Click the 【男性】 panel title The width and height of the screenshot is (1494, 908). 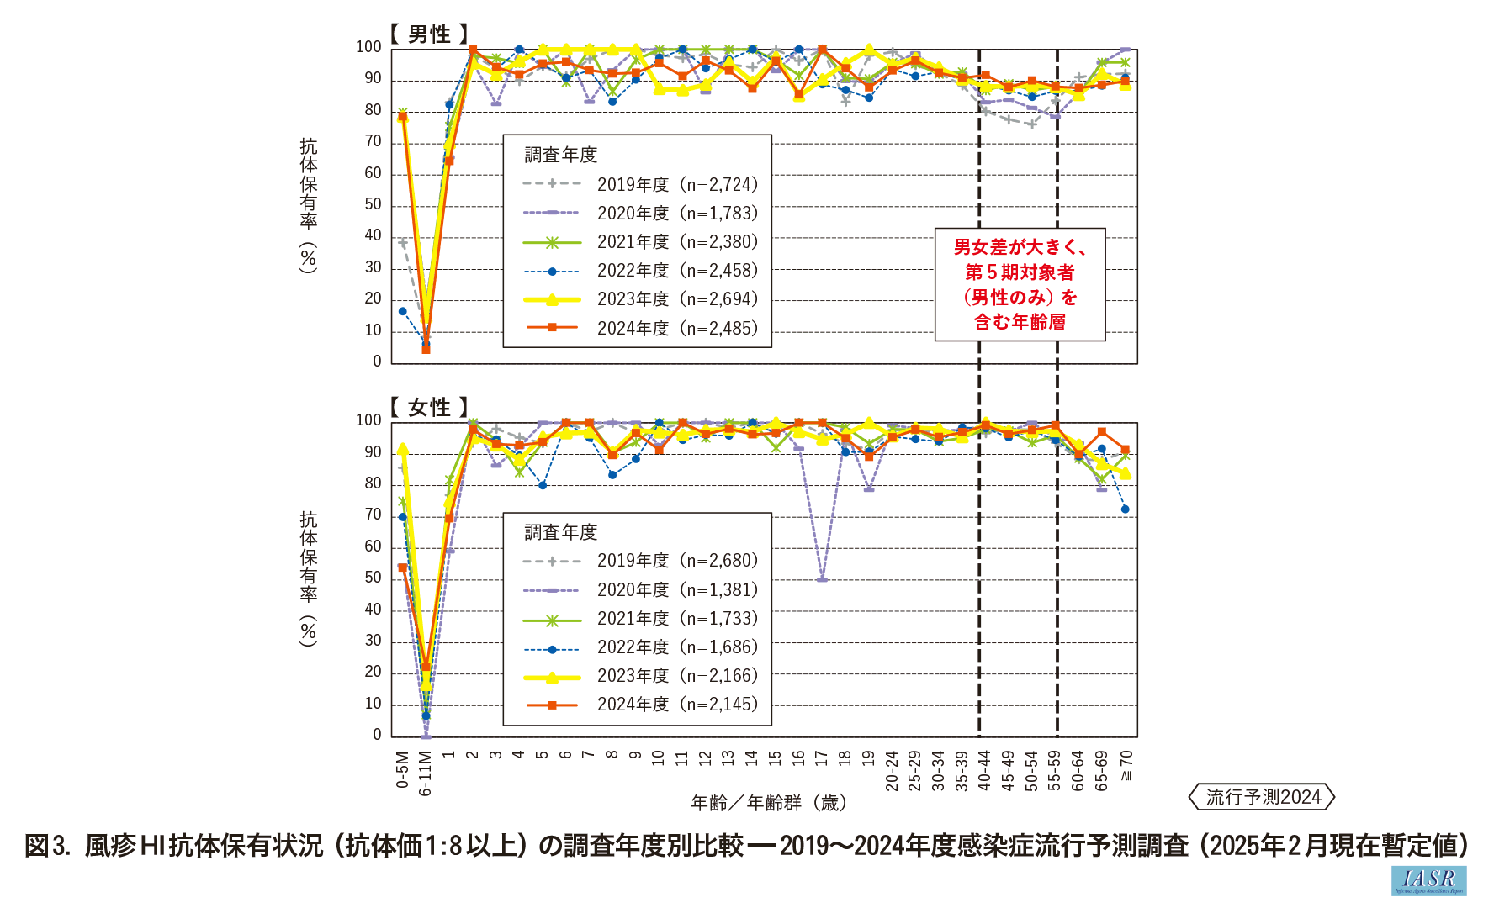(429, 34)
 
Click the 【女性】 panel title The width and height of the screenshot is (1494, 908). (429, 408)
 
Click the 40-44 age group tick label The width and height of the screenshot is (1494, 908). (984, 771)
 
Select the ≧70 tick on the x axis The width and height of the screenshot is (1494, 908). (1126, 765)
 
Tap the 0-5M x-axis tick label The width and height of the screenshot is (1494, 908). (403, 770)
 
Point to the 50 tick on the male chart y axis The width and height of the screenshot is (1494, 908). (373, 204)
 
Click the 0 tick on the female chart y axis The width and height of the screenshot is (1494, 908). (377, 735)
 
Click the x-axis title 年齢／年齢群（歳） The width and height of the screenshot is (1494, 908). (768, 803)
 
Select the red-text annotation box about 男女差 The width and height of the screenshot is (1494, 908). (1020, 284)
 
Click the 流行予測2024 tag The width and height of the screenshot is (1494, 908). (1262, 797)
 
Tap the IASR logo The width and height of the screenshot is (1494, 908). (1428, 880)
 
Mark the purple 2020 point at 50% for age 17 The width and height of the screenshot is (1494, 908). (822, 579)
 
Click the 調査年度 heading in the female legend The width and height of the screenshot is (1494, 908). (560, 532)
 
